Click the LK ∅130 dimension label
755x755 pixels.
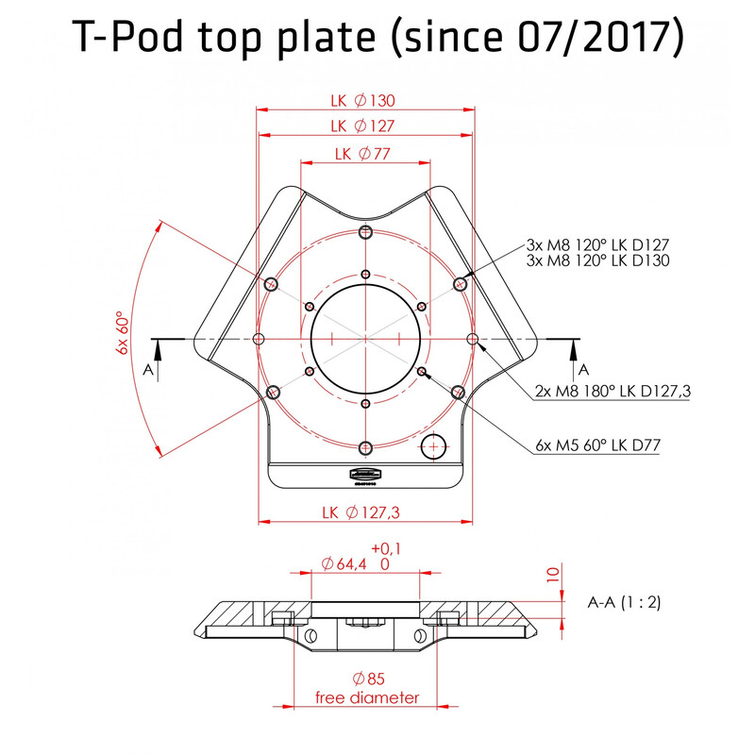(x=362, y=101)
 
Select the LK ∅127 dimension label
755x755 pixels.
(x=362, y=126)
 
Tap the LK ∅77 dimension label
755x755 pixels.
(x=362, y=155)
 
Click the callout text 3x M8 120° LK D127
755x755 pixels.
(x=597, y=245)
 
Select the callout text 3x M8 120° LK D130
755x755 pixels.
(x=597, y=260)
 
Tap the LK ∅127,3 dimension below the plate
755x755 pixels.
(x=362, y=512)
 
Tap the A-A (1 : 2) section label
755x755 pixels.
(x=624, y=601)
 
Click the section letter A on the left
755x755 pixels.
(x=148, y=371)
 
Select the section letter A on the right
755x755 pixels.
(x=583, y=368)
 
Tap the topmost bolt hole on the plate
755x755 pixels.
(x=365, y=231)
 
